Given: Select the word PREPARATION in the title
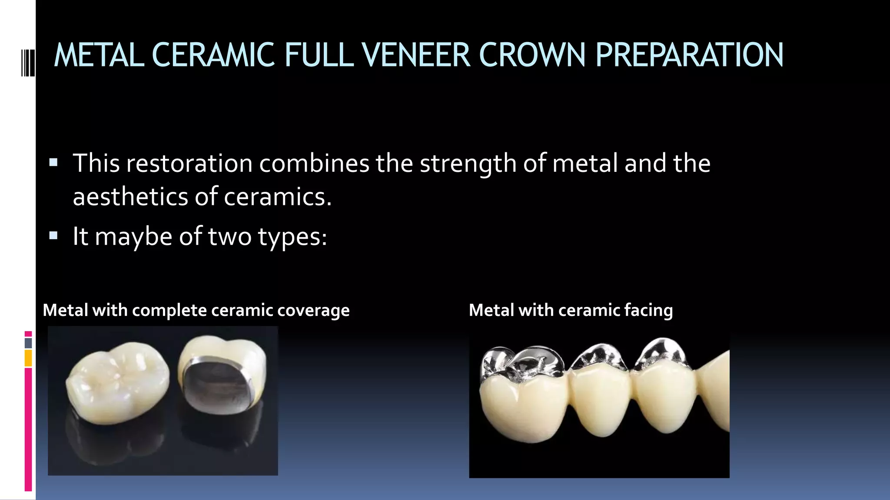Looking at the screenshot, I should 689,55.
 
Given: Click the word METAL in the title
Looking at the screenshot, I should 99,55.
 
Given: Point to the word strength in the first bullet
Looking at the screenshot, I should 468,164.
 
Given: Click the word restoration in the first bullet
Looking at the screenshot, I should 189,163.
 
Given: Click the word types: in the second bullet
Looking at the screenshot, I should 292,237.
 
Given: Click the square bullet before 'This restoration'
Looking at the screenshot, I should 53,163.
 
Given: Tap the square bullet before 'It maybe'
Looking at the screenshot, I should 53,236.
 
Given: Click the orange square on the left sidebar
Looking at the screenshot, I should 28,358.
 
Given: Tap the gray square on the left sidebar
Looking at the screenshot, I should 28,343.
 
